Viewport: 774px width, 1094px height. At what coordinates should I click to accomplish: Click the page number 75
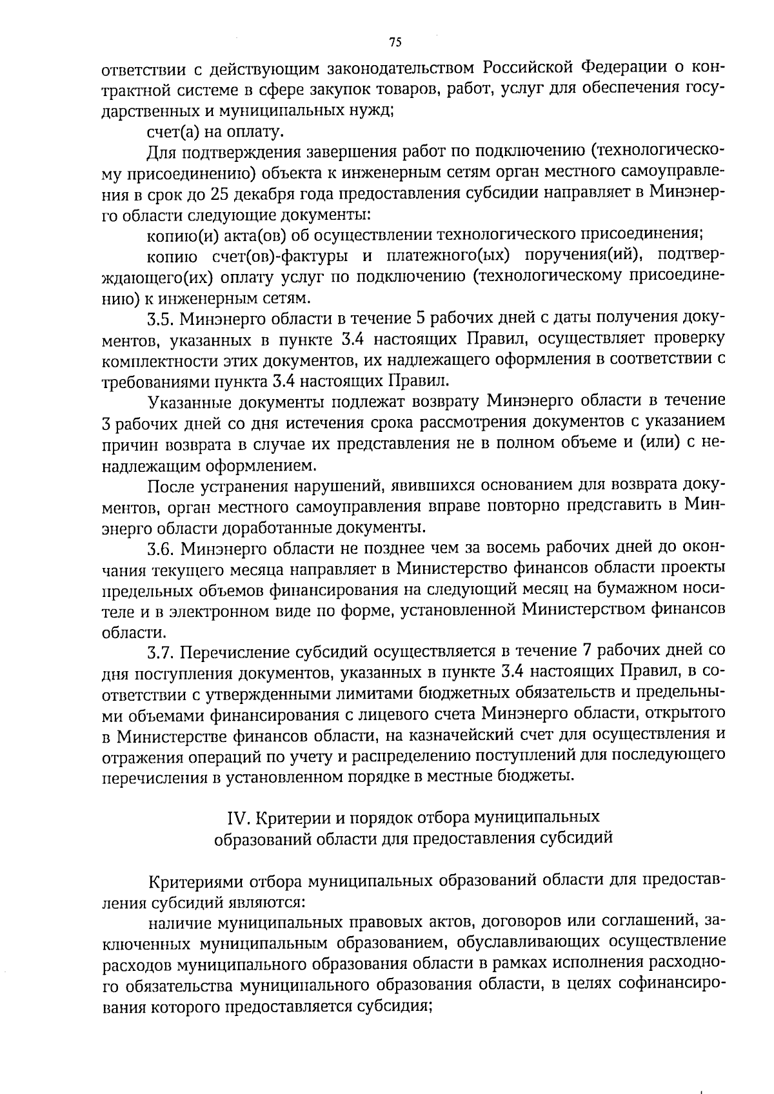pyautogui.click(x=395, y=42)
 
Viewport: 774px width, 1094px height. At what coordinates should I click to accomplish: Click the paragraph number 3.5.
pyautogui.click(x=161, y=318)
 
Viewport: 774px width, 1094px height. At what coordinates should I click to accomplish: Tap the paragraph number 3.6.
pyautogui.click(x=161, y=549)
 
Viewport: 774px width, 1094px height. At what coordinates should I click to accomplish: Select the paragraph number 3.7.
pyautogui.click(x=161, y=652)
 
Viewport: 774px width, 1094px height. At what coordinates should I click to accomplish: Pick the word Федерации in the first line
pyautogui.click(x=624, y=68)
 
